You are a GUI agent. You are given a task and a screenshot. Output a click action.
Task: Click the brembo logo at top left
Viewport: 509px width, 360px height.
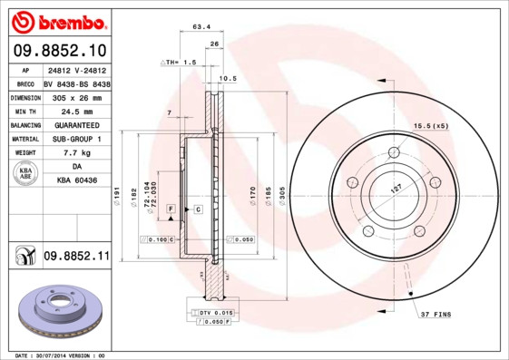click(57, 21)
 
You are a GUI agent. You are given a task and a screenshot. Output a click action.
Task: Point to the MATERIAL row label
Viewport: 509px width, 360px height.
click(24, 140)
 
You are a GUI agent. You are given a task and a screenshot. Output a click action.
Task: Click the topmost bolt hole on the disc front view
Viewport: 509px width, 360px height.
click(393, 152)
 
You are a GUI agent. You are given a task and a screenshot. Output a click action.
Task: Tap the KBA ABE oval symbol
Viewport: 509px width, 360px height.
click(26, 175)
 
